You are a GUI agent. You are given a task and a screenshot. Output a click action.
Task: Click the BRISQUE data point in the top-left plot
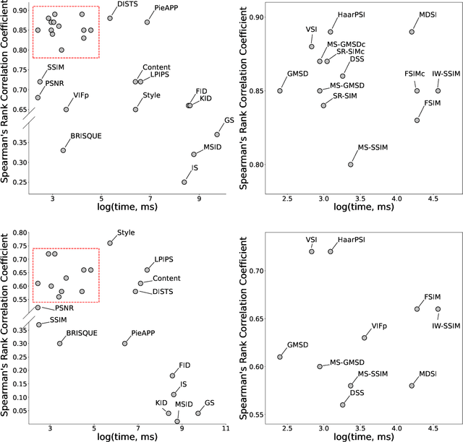coord(63,150)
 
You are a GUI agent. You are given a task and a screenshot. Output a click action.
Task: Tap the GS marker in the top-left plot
coord(216,134)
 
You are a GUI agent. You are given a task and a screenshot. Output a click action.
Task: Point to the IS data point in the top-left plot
coord(184,182)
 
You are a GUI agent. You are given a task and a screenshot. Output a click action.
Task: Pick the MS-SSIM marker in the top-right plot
coord(350,165)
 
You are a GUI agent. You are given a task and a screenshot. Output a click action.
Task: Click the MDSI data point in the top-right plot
coord(412,32)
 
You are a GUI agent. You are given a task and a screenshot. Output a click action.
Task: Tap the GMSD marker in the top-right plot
coord(280,91)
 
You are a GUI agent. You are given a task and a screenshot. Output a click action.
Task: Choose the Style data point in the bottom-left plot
coord(110,243)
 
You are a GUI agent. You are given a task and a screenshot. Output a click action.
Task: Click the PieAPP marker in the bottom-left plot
coord(125,344)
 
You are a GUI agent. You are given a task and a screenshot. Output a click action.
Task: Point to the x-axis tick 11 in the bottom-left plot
coord(226,428)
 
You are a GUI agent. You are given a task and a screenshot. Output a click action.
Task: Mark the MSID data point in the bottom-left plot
coord(177,421)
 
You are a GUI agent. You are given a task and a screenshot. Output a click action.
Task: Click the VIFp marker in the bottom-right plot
coord(364,338)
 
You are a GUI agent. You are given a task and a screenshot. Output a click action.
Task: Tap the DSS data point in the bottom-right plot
coord(343,405)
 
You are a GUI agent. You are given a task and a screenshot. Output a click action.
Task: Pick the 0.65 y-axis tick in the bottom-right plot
coord(259,318)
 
